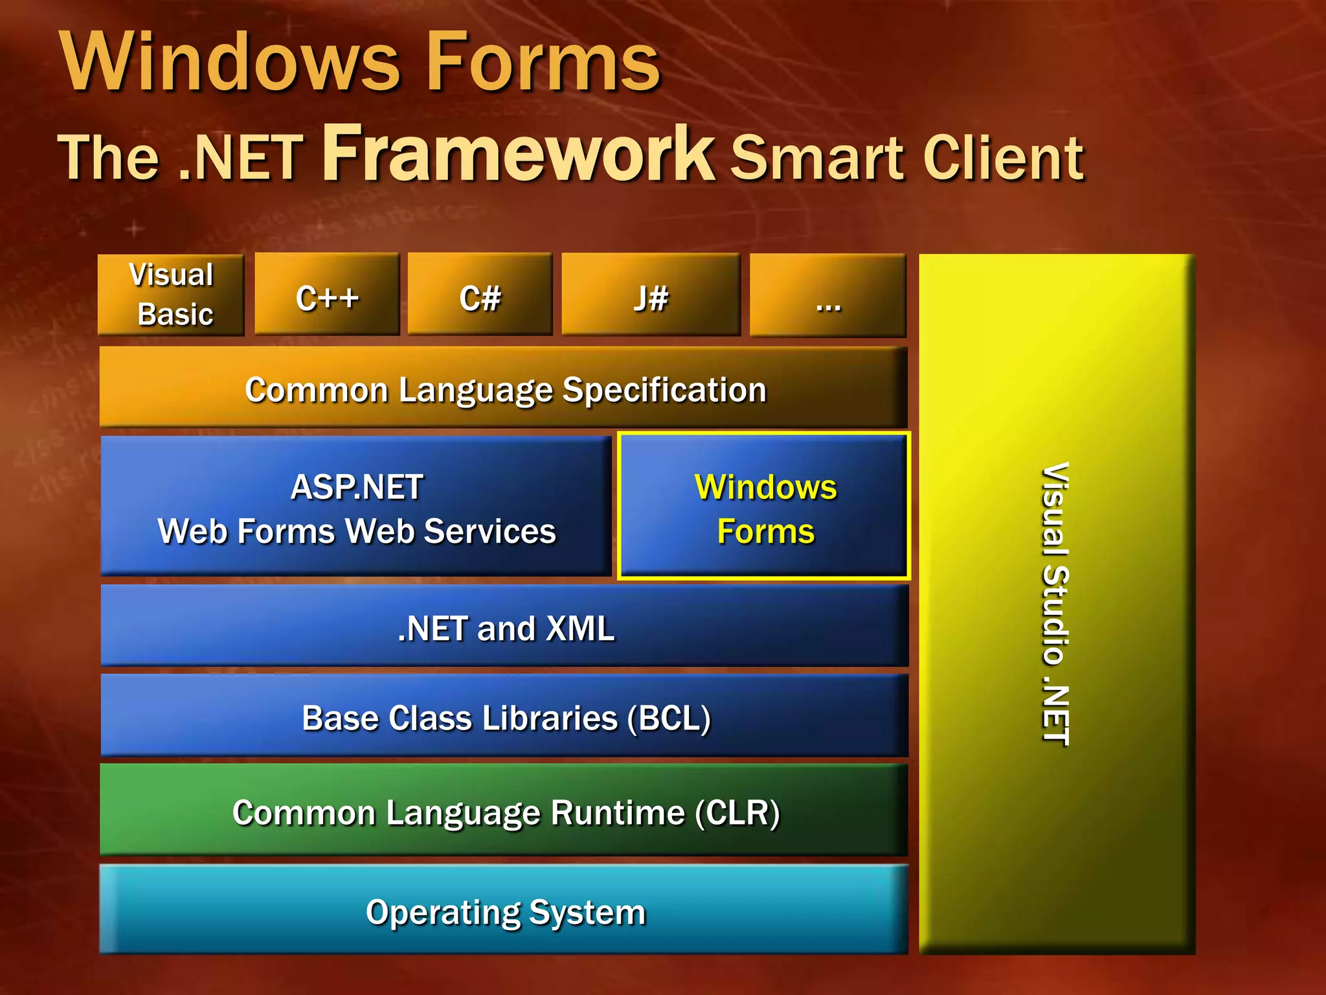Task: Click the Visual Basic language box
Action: click(x=171, y=295)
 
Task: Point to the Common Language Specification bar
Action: click(x=505, y=389)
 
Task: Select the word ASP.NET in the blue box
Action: click(x=357, y=486)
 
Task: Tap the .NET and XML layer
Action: click(x=505, y=628)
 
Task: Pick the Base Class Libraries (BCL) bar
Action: click(x=505, y=717)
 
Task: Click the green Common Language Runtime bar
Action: click(x=505, y=812)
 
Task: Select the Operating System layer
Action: click(x=505, y=911)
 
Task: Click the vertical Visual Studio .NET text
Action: click(x=1056, y=604)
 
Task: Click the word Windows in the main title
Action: click(x=230, y=62)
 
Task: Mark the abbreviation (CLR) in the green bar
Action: click(x=737, y=812)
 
